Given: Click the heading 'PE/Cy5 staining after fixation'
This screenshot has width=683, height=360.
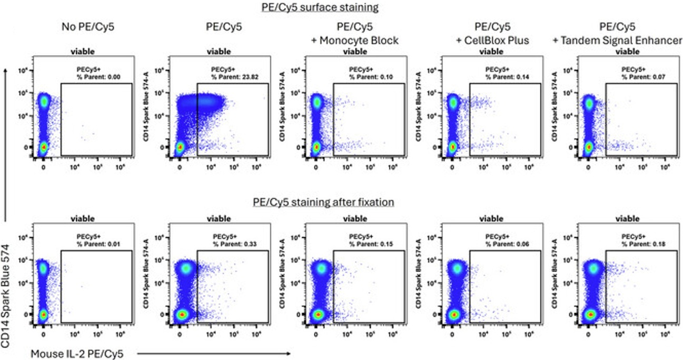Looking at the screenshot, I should pos(323,202).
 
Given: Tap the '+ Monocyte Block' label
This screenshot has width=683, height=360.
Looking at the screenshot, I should pos(355,41).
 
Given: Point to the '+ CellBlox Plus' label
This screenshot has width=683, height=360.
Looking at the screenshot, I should pos(491,41).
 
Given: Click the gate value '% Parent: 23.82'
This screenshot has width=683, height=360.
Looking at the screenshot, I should pos(232,77).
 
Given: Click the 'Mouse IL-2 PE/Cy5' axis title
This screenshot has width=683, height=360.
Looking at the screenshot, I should pos(78,354).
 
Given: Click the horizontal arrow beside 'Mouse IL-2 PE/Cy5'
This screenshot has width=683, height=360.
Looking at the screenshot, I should pos(211,354).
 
